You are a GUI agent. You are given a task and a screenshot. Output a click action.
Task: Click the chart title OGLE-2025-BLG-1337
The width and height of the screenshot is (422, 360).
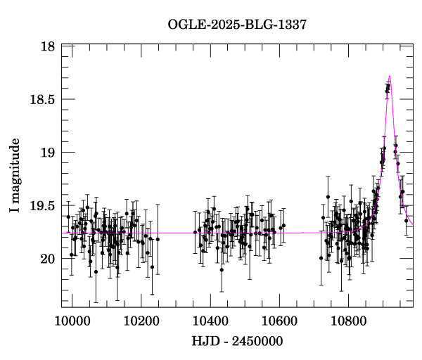(237, 25)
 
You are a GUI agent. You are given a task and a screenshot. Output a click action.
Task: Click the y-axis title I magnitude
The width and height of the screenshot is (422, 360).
(15, 175)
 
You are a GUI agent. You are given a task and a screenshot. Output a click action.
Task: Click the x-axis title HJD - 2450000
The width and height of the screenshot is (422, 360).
(237, 342)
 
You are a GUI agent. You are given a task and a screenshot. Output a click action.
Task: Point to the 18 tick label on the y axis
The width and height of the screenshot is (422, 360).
(49, 46)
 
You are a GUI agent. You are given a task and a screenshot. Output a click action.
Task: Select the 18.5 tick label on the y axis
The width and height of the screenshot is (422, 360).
(42, 100)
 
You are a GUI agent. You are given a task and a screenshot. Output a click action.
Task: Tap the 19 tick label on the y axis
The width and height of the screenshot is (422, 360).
(49, 153)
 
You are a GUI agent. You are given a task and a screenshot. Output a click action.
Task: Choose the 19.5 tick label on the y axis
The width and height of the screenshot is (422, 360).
(42, 206)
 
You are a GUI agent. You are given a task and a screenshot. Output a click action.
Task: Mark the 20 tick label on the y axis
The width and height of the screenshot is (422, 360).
(49, 259)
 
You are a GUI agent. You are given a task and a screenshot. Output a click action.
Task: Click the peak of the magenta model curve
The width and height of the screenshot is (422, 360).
(389, 76)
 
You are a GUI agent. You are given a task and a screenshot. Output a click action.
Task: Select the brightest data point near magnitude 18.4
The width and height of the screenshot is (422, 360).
(387, 87)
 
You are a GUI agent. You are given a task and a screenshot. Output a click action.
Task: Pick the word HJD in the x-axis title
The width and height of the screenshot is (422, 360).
(204, 342)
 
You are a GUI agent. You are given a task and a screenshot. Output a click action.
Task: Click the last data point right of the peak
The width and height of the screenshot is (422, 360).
(406, 221)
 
